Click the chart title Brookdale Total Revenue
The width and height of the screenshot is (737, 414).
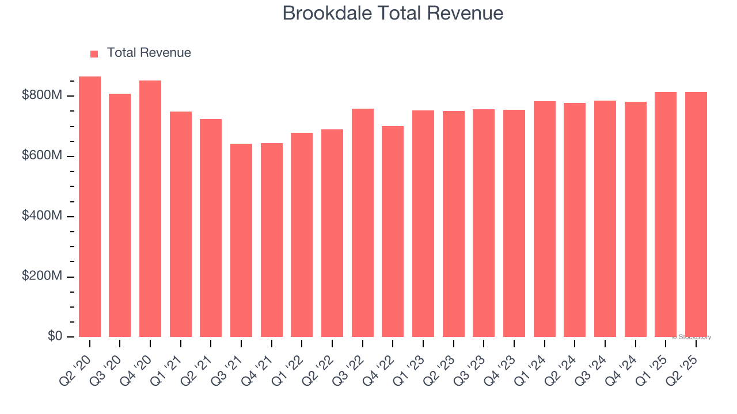393,13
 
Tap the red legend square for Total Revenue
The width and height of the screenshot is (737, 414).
94,53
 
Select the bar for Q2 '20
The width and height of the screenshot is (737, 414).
90,207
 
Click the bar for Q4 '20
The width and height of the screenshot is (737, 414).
150,209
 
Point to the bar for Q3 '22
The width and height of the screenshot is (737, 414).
363,223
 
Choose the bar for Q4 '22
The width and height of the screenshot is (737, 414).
393,231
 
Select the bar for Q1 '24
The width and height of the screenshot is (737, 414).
545,219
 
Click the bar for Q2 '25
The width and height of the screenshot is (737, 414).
696,214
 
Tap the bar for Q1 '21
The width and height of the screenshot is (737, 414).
181,224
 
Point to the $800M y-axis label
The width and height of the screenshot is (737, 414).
41,95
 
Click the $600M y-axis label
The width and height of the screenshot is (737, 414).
41,156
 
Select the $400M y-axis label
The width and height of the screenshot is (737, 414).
41,216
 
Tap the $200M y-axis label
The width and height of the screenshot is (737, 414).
41,277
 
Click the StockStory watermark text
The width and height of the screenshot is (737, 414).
692,337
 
